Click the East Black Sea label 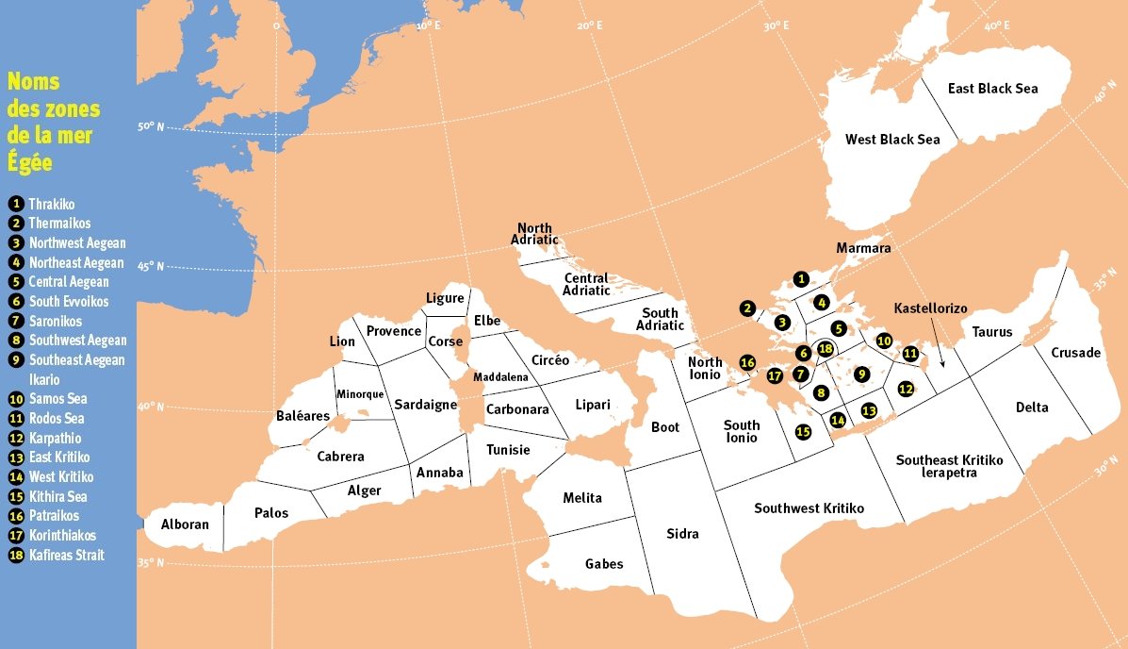pos(992,89)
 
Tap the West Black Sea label pos(891,140)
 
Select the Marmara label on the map pos(863,248)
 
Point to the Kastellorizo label pos(930,308)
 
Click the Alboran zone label pos(185,524)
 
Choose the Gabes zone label pos(604,564)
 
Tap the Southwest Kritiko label pos(809,508)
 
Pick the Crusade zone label pos(1075,353)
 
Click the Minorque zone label pos(356,394)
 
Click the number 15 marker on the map pos(803,432)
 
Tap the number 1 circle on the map pos(800,278)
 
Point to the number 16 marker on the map pos(747,362)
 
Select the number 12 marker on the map pos(905,388)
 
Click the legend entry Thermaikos pos(59,224)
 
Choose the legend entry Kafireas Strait pos(66,555)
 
